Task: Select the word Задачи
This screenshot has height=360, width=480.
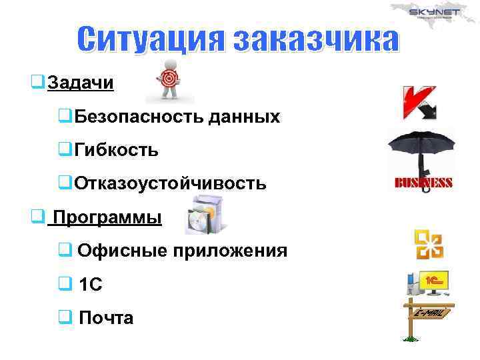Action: coord(81,83)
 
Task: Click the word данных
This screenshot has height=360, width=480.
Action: coord(244,117)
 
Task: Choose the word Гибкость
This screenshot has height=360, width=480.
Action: coord(116,150)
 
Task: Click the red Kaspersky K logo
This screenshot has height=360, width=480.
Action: coord(418,102)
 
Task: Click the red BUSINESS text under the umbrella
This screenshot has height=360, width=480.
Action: coord(424,183)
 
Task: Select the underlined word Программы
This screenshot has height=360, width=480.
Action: coord(107,218)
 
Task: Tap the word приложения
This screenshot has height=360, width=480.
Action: coord(231,251)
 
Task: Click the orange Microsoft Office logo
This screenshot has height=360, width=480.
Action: coord(429,245)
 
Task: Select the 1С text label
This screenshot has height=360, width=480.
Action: coord(91,285)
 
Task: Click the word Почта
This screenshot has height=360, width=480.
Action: coord(106,318)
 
